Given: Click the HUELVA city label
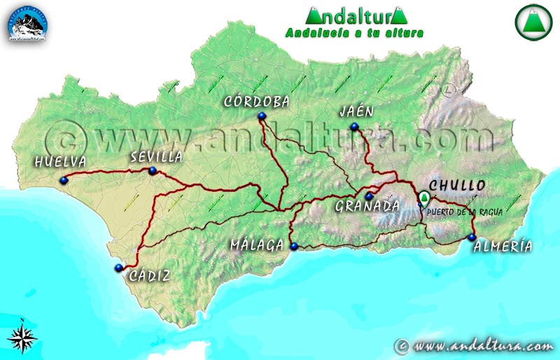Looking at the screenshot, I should click(x=59, y=162).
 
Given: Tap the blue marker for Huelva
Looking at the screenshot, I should click(x=64, y=180).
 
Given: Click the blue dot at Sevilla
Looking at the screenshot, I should click(x=153, y=170).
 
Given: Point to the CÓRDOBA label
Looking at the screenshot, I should click(x=257, y=102).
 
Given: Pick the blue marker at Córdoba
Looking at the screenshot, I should click(x=261, y=116).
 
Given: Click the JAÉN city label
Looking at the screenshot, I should click(x=356, y=111).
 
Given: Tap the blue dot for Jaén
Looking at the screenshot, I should click(x=354, y=127).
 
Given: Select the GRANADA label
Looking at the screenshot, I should click(x=366, y=206).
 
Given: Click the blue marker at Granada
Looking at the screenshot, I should click(x=369, y=195).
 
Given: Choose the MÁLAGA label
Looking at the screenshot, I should click(x=257, y=245).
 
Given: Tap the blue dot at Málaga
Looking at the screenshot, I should click(x=294, y=246).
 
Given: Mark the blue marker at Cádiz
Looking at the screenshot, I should click(x=118, y=268).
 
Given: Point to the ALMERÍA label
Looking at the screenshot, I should click(x=503, y=246).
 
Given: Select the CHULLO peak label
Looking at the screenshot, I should click(x=457, y=186).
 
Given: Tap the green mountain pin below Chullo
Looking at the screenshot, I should click(x=423, y=199).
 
